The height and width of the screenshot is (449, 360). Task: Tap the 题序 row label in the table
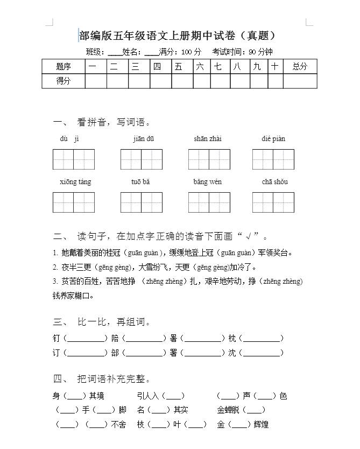63,66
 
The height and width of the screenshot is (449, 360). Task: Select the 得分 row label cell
63,81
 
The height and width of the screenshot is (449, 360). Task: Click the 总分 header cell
300,66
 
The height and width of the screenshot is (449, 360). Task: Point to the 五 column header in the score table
178,66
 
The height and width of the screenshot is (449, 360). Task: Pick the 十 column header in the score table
275,66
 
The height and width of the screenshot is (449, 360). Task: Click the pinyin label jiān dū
144,139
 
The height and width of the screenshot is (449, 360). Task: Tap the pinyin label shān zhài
208,139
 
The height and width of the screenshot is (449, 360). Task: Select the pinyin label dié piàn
273,139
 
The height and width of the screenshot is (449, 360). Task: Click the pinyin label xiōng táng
75,182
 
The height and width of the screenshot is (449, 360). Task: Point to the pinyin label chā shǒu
274,182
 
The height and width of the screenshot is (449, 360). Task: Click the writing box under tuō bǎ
141,202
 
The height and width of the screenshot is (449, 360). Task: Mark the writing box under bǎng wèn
209,202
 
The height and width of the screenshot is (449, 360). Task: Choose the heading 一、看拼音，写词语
102,122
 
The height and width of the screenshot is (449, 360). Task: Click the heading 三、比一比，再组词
102,322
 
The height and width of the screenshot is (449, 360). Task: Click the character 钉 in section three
57,339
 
